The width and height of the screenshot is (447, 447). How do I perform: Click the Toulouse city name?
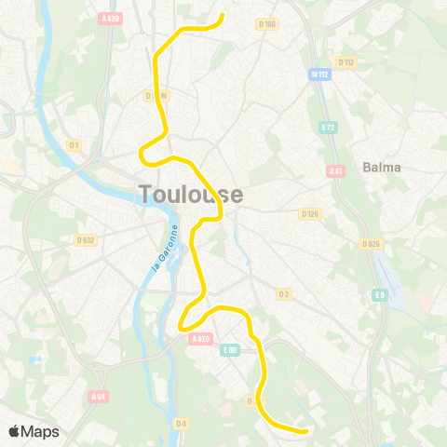coord(191,194)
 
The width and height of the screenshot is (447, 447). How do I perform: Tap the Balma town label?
coord(383,168)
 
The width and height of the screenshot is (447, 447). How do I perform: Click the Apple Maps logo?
coord(34,431)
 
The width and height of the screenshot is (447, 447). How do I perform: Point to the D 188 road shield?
coord(268,23)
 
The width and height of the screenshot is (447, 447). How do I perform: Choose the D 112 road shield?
coord(347,62)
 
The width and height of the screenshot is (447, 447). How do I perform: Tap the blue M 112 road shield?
coord(319,74)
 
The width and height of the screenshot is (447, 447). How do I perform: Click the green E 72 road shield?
coord(327,127)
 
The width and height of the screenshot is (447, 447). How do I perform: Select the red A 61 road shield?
coord(336,171)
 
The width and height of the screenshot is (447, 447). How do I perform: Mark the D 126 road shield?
coord(310,214)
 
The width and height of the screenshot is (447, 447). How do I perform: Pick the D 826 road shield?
coord(372,244)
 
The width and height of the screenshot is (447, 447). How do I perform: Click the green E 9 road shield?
coord(379,295)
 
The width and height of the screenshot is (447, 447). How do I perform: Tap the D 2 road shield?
coord(285,295)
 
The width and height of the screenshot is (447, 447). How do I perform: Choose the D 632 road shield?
coord(86,240)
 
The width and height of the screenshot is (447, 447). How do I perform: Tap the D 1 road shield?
coord(74,144)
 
